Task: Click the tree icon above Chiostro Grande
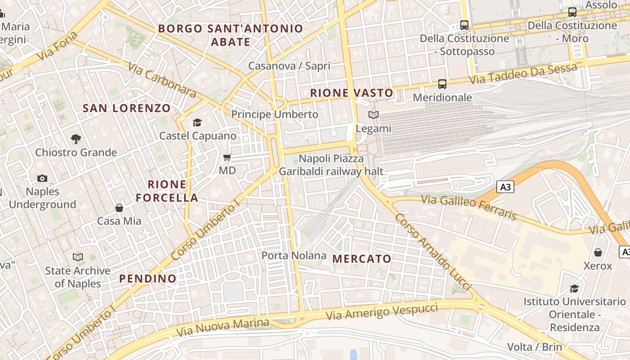(x=76, y=139)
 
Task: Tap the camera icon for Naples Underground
(x=42, y=178)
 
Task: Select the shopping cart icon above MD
(x=227, y=157)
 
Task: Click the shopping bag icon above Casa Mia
(x=119, y=208)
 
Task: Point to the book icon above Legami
(x=373, y=115)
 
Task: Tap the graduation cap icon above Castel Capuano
(x=197, y=122)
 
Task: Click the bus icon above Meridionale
(x=442, y=84)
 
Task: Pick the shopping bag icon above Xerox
(x=598, y=252)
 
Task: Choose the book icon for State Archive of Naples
(x=78, y=257)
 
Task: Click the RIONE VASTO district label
(x=352, y=93)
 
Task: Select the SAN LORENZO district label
(x=127, y=108)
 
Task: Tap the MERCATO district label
(x=362, y=259)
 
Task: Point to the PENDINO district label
(x=148, y=279)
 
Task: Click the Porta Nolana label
(x=294, y=256)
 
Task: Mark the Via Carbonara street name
(x=162, y=80)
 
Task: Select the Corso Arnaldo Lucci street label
(x=432, y=252)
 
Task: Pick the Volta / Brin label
(x=535, y=347)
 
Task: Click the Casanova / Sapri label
(x=289, y=66)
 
